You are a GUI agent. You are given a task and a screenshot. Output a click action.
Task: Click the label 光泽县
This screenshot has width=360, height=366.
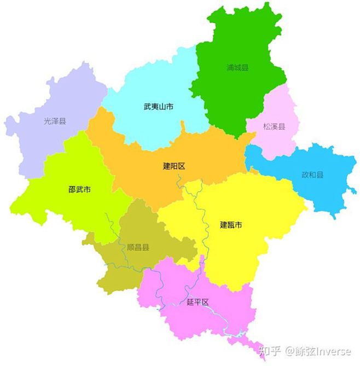pyautogui.click(x=55, y=121)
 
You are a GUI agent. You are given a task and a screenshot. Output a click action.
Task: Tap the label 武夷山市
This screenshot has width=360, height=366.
pyautogui.click(x=159, y=107)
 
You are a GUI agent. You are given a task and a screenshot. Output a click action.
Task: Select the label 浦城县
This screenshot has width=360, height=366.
pyautogui.click(x=237, y=68)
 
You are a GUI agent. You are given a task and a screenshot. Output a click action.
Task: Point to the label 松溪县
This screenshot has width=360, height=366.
pyautogui.click(x=274, y=127)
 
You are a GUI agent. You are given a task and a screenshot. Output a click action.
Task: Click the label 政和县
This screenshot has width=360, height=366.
pyautogui.click(x=312, y=175)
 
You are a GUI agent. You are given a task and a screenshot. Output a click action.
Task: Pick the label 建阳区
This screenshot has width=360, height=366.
pyautogui.click(x=174, y=166)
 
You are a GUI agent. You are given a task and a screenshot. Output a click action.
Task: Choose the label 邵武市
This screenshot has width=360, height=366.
pyautogui.click(x=80, y=190)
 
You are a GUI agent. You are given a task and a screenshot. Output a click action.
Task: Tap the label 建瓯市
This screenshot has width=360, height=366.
pyautogui.click(x=231, y=224)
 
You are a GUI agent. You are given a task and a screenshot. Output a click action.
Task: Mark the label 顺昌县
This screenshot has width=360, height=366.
pyautogui.click(x=138, y=247)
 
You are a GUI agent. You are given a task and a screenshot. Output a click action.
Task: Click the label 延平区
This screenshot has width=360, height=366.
pyautogui.click(x=198, y=301)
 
